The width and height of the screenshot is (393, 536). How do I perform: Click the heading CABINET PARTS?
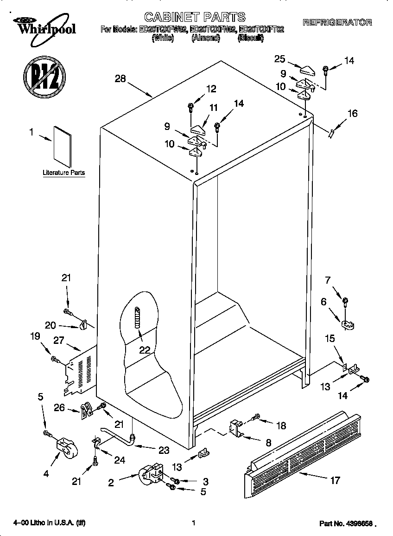click(x=195, y=18)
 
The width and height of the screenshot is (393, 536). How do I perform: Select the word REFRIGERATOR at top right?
click(x=337, y=22)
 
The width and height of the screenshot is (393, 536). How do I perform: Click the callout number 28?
click(x=120, y=79)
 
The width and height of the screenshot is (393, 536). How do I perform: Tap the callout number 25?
click(x=279, y=59)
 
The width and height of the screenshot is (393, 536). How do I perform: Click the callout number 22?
click(x=145, y=350)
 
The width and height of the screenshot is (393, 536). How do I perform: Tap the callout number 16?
click(x=352, y=113)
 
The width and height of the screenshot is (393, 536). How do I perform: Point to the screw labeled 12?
click(x=191, y=107)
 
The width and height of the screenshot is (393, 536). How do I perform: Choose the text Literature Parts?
click(x=63, y=173)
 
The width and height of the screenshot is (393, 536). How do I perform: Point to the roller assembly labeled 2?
click(x=151, y=475)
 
